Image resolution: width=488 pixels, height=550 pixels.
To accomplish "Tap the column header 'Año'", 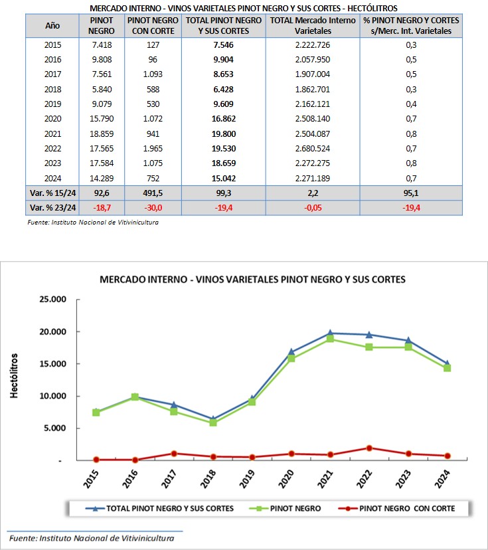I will click(52, 26).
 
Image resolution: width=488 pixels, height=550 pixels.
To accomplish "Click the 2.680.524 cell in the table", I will click(312, 149).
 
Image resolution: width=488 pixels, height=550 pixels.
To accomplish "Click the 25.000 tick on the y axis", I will click(54, 300).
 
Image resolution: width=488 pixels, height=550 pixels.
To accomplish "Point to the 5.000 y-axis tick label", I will click(56, 428).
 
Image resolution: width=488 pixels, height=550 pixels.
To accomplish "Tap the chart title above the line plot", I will click(252, 280).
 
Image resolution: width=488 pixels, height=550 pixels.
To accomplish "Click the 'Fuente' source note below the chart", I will click(92, 538).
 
